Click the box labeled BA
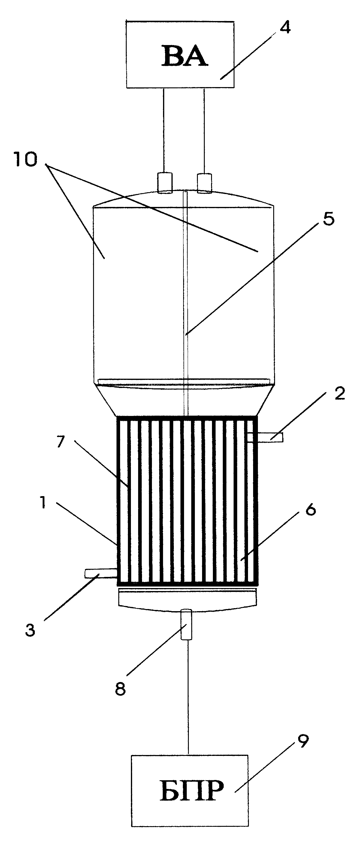[180, 54]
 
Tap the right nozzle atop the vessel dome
[204, 183]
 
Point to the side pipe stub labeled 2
[265, 437]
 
